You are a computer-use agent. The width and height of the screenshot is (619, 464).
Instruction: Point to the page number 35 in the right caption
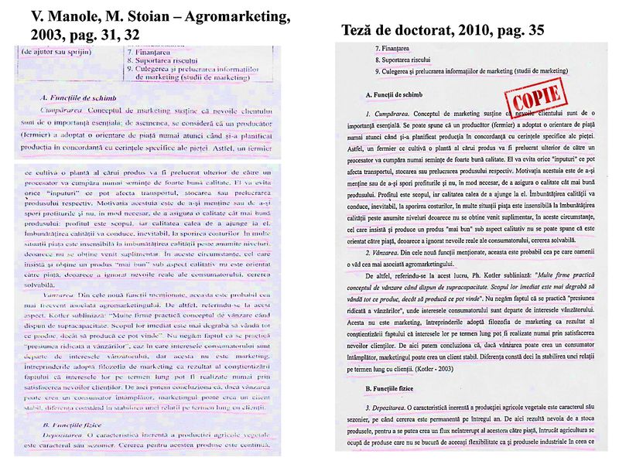pyautogui.click(x=533, y=31)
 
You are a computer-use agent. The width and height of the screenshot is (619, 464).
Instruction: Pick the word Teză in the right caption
pyautogui.click(x=361, y=31)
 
